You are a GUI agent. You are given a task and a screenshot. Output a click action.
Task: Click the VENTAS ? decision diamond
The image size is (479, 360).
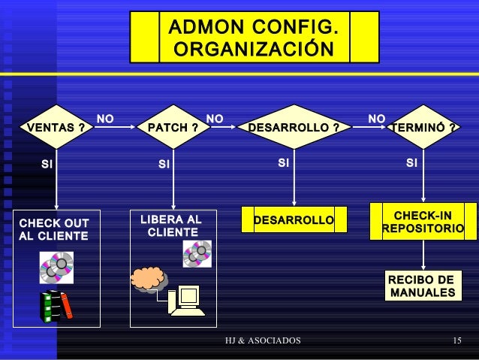56,128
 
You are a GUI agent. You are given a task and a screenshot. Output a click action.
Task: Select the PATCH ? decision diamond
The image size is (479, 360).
173,128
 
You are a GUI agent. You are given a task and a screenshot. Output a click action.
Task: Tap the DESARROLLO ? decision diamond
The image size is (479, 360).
294,128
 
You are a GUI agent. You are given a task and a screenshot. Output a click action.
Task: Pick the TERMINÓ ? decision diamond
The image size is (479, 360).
424,128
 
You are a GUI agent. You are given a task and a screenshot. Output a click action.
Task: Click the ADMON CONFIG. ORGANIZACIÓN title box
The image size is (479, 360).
253,38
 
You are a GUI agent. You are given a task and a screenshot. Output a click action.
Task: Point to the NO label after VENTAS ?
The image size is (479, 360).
106,119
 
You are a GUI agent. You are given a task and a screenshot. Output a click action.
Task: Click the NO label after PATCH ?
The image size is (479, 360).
215,119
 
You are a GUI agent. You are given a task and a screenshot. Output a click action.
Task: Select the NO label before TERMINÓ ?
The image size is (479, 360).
377,119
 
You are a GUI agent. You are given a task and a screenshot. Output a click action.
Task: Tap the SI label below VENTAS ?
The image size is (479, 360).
47,162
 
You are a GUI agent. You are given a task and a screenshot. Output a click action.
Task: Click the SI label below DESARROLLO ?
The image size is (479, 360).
283,162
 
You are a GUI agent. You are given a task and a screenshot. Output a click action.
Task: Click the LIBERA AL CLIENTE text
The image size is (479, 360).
172,226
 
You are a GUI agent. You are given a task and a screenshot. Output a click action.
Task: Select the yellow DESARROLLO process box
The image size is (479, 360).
294,220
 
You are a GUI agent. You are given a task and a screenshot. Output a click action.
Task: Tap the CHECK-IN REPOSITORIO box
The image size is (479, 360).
423,222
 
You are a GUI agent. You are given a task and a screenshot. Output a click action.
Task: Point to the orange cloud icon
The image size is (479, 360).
147,278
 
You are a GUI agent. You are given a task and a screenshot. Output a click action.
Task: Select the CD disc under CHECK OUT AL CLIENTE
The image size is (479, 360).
57,267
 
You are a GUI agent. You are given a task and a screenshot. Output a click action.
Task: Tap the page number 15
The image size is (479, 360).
457,342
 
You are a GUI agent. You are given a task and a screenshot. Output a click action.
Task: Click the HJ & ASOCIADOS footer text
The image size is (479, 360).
263,342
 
